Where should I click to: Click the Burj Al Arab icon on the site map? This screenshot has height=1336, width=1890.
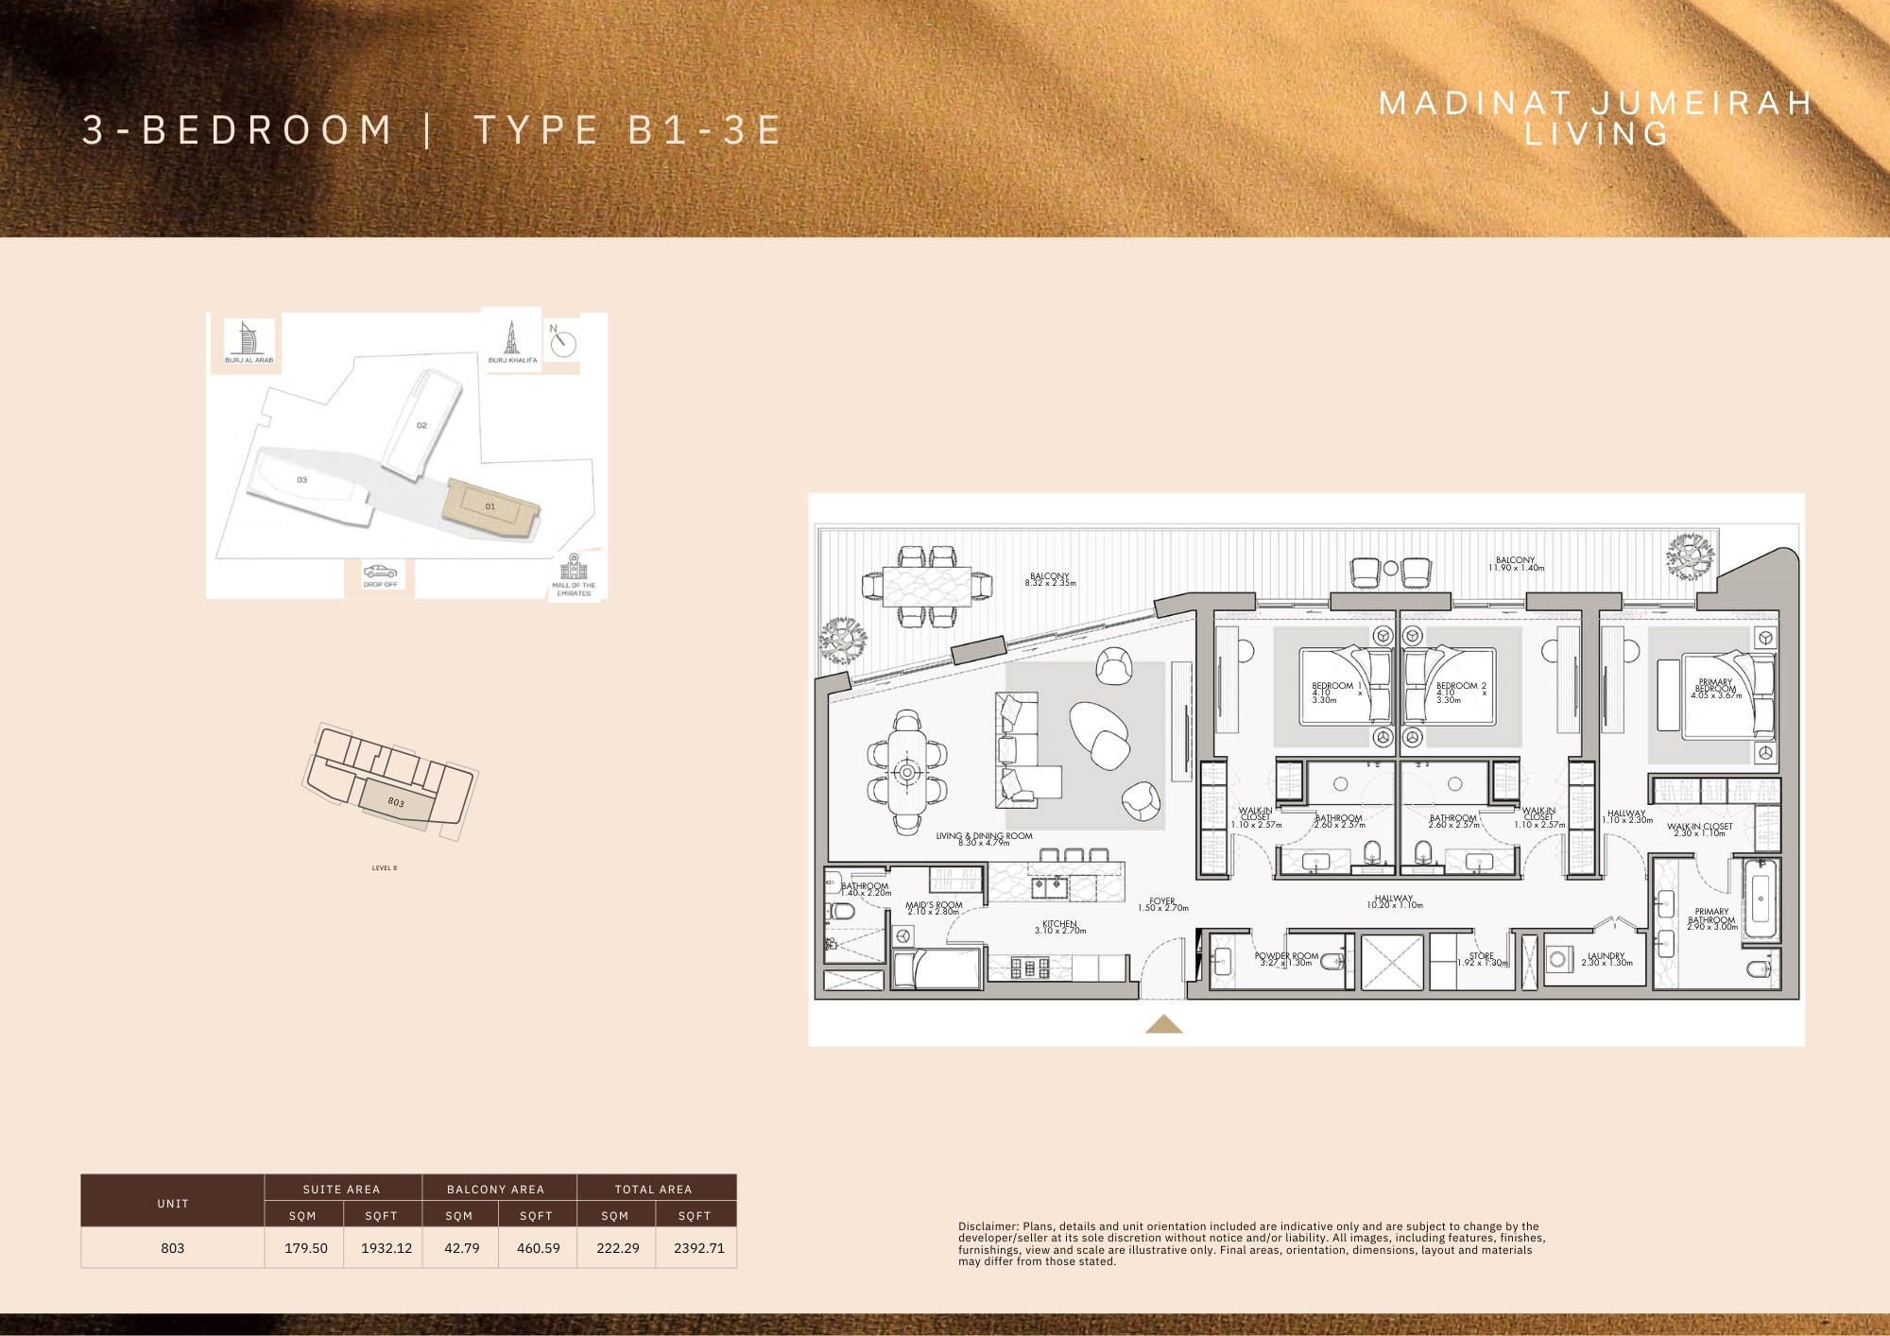click(248, 337)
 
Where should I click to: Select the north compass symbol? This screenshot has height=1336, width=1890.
click(563, 343)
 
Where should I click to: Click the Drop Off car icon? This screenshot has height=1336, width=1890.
click(380, 572)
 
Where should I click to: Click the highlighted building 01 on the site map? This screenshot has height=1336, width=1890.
click(490, 507)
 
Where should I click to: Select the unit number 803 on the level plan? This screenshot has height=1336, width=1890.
click(396, 802)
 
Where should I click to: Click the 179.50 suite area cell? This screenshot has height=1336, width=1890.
click(306, 1248)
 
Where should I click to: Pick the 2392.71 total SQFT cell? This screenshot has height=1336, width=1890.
click(698, 1248)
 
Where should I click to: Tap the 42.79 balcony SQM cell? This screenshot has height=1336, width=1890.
click(461, 1248)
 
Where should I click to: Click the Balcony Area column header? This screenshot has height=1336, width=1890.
click(495, 1190)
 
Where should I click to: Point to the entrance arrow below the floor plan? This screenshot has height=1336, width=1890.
click(1163, 1024)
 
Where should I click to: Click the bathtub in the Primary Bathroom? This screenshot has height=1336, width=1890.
click(1761, 899)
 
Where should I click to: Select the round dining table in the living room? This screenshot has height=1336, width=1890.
click(907, 772)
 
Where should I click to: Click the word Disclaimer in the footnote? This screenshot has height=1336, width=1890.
click(988, 1226)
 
